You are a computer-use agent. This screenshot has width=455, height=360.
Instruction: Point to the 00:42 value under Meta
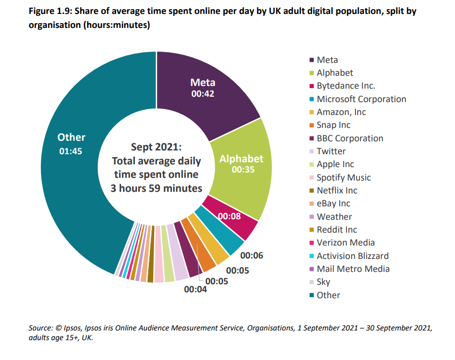pyautogui.click(x=203, y=93)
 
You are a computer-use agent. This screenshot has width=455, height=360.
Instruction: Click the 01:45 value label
pyautogui.click(x=71, y=151)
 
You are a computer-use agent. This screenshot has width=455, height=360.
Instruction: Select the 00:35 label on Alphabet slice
pyautogui.click(x=241, y=169)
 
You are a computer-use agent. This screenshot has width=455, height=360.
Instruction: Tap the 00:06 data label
pyautogui.click(x=251, y=256)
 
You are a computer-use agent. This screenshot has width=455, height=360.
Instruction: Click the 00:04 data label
pyautogui.click(x=196, y=289)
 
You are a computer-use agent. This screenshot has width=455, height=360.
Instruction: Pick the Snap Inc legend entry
pyautogui.click(x=333, y=125)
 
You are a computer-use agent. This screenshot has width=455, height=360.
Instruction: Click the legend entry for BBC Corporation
pyautogui.click(x=350, y=138)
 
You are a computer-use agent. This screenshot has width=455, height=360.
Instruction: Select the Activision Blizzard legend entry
pyautogui.click(x=352, y=256)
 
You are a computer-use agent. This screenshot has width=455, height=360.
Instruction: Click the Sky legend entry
pyautogui.click(x=323, y=282)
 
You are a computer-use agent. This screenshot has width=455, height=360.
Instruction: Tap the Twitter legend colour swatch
pyautogui.click(x=311, y=152)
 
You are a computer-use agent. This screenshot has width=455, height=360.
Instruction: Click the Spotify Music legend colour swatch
pyautogui.click(x=311, y=177)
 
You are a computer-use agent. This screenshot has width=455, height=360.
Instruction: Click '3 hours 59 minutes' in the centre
pyautogui.click(x=156, y=188)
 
